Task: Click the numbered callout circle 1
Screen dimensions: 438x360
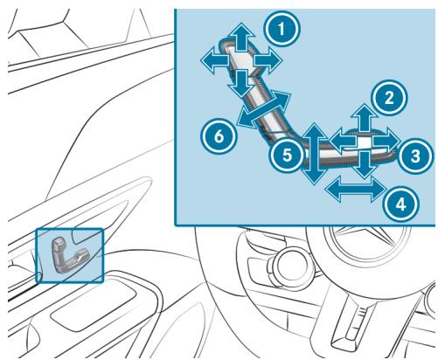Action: (282, 29)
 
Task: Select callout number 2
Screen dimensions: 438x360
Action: (389, 98)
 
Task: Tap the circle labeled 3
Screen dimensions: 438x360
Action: (415, 156)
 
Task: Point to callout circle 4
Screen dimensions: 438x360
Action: (401, 204)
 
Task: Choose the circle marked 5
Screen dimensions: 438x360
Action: (287, 155)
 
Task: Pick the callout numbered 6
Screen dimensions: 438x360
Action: (219, 136)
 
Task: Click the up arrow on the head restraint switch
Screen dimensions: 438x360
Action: (241, 38)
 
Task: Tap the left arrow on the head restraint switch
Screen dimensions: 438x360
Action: (215, 60)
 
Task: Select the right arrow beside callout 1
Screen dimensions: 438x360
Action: (268, 60)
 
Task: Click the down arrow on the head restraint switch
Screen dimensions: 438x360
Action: (241, 83)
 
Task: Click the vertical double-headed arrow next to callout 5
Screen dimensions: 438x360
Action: (314, 154)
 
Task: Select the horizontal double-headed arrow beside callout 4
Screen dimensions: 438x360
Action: (356, 190)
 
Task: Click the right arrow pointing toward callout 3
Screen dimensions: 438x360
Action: (386, 142)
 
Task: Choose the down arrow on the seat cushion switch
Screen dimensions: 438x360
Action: (365, 164)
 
